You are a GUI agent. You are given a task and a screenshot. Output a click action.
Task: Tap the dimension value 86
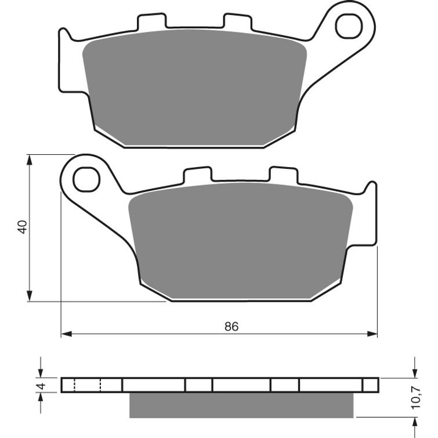point(231,326)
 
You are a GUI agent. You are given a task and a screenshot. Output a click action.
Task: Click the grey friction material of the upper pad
point(194,87)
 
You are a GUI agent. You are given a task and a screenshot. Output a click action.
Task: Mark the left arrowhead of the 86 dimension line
point(66,334)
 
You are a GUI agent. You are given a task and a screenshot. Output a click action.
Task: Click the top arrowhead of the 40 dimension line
point(29,159)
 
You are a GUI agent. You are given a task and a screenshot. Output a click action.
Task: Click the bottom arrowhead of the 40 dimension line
point(29,297)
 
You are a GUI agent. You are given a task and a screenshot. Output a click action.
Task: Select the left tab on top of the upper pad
point(151,21)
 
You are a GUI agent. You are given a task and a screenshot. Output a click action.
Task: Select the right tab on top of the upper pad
point(238,21)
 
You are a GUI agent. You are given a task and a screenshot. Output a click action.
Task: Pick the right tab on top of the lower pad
point(284,175)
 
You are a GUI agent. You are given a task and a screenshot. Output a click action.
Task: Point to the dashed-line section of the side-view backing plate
point(88,385)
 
